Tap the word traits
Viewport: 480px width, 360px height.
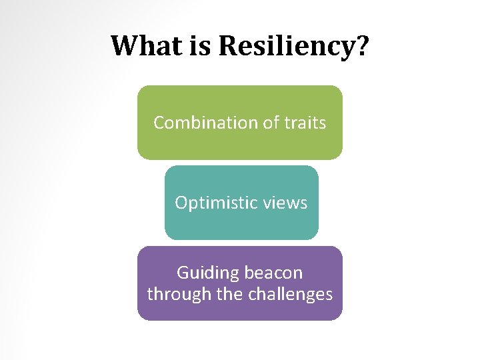click(x=303, y=123)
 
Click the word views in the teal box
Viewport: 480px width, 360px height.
click(x=286, y=203)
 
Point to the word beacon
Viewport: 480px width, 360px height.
click(x=273, y=273)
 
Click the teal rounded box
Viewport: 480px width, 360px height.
click(x=241, y=223)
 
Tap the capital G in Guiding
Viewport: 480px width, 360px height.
click(x=183, y=273)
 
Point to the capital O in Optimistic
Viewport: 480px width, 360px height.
click(x=181, y=203)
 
